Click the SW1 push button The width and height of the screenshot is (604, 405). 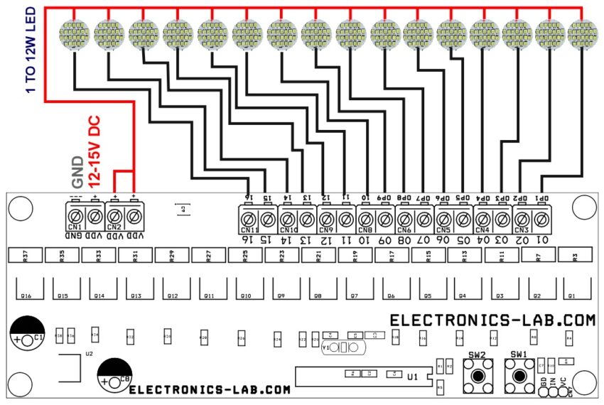[x=519, y=374]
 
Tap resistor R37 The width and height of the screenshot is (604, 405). [x=25, y=255]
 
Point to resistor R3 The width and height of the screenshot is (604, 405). [x=575, y=255]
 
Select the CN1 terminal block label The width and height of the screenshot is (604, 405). [x=76, y=227]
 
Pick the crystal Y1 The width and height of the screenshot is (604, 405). [x=342, y=347]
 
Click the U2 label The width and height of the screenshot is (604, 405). [x=89, y=352]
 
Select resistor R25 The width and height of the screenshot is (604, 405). [x=246, y=255]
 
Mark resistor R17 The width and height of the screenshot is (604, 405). [x=392, y=255]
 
